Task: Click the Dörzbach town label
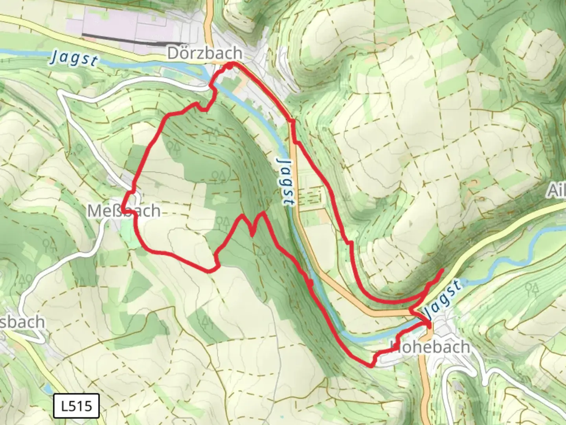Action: pos(204,54)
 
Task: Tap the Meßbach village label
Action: pos(123,211)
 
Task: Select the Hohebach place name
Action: pos(430,347)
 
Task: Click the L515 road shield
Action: pos(76,405)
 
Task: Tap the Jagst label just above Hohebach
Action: pos(442,299)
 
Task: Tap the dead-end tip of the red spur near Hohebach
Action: pos(443,270)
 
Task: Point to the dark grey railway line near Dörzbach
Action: pos(134,39)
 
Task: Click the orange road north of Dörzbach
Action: pos(209,20)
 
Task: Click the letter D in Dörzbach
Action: pos(173,54)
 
